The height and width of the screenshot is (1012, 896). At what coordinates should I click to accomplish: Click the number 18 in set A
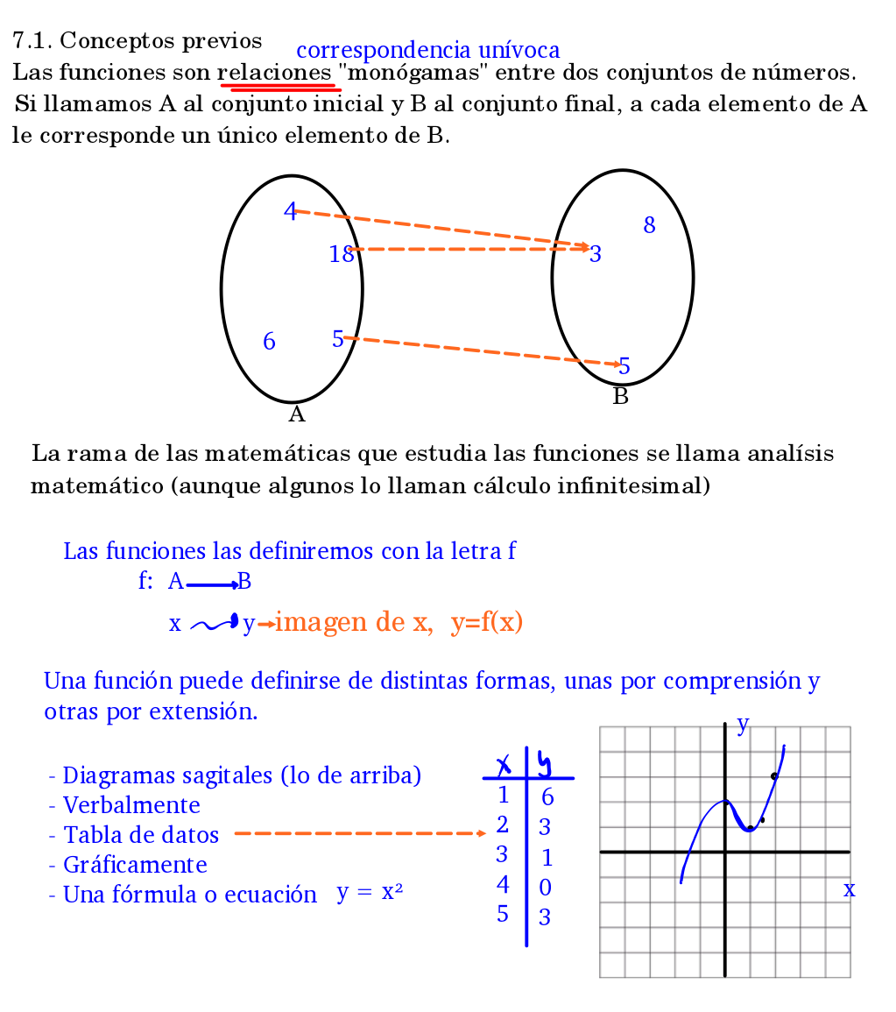341,254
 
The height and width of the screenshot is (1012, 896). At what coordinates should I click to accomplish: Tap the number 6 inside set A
269,342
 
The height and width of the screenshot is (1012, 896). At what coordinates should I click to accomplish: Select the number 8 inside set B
649,226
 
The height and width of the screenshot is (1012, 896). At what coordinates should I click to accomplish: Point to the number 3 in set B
596,255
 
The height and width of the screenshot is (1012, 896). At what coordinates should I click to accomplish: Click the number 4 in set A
290,211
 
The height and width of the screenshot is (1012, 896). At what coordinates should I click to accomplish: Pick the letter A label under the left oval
296,414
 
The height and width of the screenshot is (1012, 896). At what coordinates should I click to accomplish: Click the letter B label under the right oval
621,397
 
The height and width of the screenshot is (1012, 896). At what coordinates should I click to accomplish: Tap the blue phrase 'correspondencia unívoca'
428,51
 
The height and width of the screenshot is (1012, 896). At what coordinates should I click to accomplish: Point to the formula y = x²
370,893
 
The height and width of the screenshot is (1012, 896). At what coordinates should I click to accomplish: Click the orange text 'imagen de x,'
354,623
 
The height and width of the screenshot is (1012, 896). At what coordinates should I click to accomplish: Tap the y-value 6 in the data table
547,797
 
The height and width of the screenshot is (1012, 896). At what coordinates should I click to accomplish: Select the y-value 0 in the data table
545,888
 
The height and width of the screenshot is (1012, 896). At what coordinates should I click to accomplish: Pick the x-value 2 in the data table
502,824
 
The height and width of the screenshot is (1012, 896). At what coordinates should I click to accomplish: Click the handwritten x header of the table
504,767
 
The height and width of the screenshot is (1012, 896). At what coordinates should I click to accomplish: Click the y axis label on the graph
743,724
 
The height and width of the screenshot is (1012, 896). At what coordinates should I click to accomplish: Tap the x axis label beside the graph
849,890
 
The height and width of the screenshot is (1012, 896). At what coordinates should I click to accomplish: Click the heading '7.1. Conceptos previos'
138,40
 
